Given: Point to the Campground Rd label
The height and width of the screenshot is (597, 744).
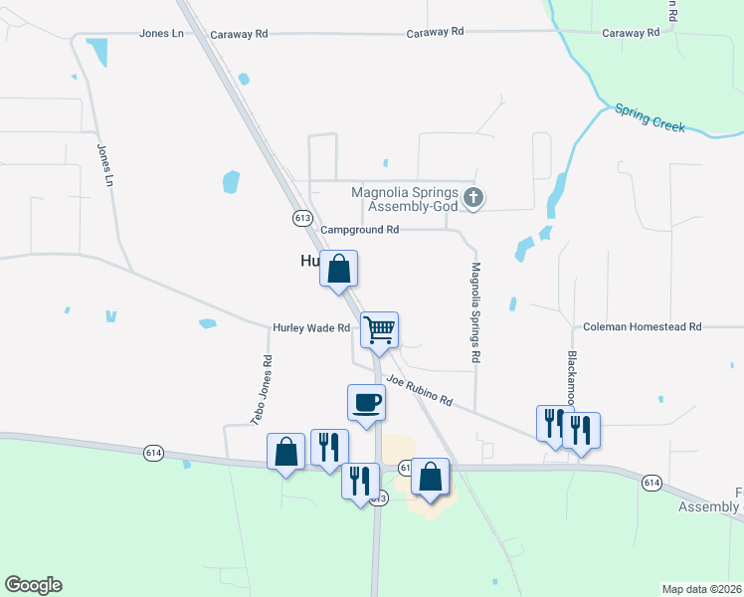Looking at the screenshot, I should [359, 229].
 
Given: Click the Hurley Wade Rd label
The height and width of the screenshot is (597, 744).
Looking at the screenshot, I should [312, 327].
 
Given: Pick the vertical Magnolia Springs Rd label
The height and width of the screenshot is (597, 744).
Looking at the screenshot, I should [476, 311].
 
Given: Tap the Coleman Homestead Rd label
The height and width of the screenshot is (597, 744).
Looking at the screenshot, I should [643, 326].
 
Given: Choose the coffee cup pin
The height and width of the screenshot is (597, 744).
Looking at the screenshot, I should [366, 403].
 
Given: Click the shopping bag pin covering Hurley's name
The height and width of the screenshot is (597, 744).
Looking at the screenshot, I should [338, 268].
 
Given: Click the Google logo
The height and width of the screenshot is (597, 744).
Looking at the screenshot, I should [33, 585].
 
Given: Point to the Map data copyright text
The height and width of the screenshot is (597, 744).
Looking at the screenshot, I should [701, 589].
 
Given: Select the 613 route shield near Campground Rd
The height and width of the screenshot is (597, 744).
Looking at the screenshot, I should [302, 217].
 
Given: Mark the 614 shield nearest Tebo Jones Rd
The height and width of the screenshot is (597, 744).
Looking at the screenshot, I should [152, 451].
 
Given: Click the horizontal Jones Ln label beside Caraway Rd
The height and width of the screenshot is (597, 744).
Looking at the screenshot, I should [162, 33].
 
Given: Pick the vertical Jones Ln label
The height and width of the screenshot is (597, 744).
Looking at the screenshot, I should [104, 166].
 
